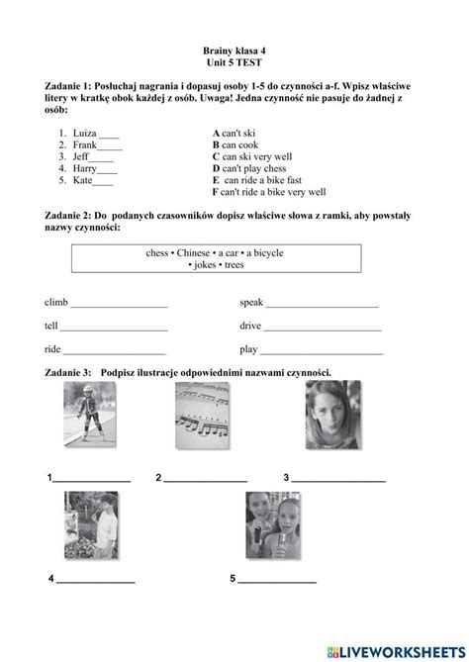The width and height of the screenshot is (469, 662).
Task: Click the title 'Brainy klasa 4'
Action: [x=234, y=48]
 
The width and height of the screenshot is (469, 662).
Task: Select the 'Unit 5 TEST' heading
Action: [x=234, y=61]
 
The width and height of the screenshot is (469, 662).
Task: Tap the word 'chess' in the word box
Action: [x=157, y=253]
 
